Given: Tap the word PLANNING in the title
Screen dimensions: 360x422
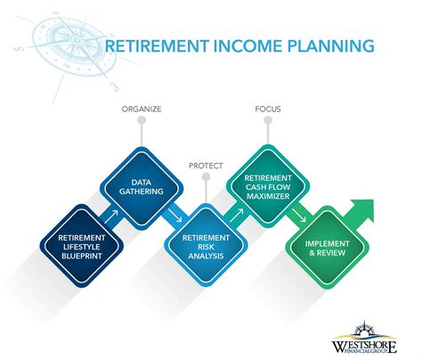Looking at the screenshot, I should click(322, 46).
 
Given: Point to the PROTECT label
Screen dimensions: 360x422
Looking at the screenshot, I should click(206, 165).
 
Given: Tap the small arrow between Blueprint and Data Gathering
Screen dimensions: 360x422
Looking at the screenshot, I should click(112, 217).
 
